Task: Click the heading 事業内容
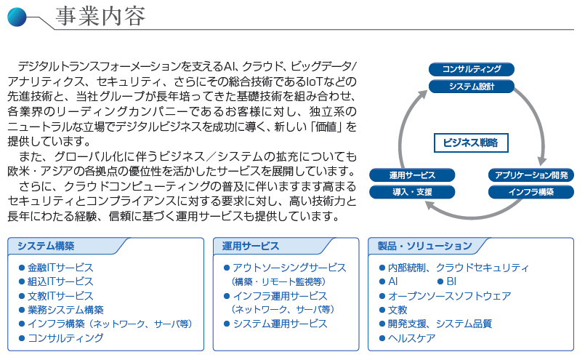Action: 100,17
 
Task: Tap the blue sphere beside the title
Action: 17,17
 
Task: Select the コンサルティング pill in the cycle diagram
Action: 472,69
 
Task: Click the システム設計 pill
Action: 472,87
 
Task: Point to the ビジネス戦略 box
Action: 471,143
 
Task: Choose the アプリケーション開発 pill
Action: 531,175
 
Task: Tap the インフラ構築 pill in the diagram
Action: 531,192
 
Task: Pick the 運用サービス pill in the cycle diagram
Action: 412,175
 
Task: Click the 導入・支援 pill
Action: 412,192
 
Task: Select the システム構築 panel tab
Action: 46,246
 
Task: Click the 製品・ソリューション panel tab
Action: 424,246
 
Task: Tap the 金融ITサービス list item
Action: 60,268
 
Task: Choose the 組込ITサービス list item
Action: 60,281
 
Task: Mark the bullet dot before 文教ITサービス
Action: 22,296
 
